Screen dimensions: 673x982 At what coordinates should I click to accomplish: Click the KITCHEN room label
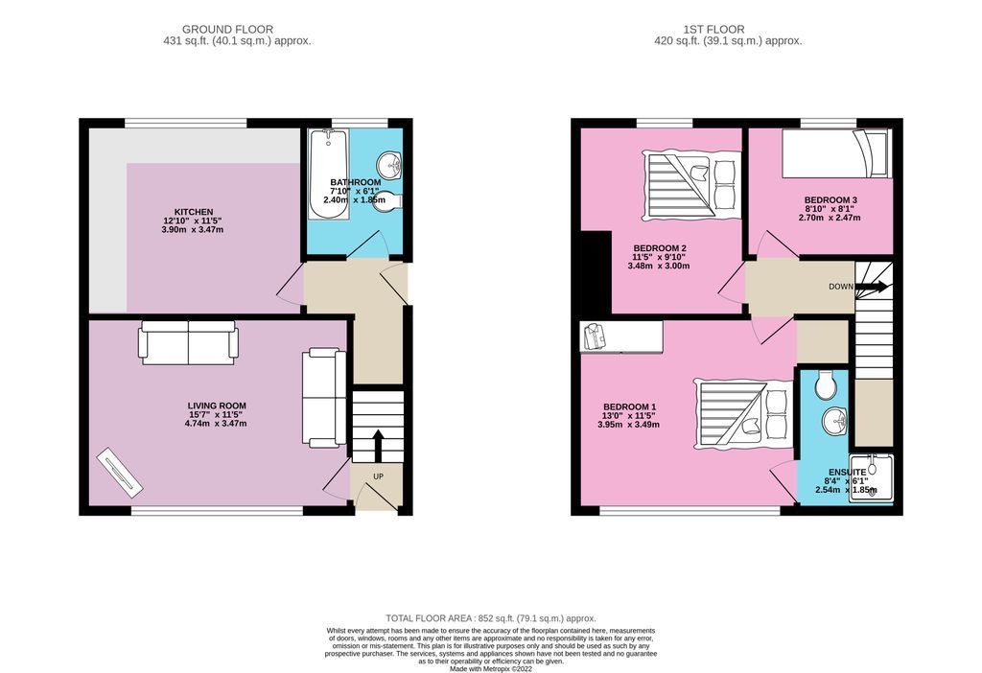pyautogui.click(x=193, y=212)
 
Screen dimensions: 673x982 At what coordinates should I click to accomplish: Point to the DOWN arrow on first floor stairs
pyautogui.click(x=873, y=286)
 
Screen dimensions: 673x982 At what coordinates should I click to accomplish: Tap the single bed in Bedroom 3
pyautogui.click(x=835, y=153)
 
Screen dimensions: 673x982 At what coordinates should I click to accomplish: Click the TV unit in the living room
pyautogui.click(x=119, y=473)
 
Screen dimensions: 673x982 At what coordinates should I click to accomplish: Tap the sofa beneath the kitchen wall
pyautogui.click(x=189, y=343)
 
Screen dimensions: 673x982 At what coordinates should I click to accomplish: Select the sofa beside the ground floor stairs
pyautogui.click(x=323, y=398)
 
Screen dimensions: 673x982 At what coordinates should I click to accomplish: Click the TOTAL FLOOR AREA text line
pyautogui.click(x=490, y=618)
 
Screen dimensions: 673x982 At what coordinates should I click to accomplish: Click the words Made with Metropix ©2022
pyautogui.click(x=490, y=668)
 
